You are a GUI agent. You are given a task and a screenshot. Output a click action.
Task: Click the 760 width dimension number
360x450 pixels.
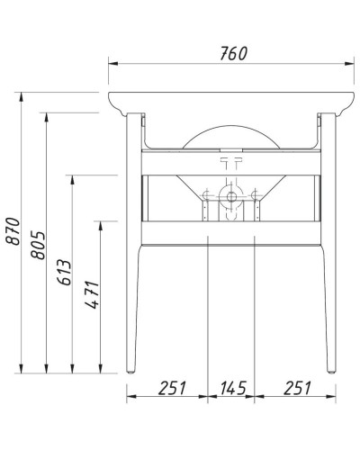(x=232, y=53)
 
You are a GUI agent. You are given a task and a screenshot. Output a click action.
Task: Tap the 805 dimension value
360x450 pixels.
(x=37, y=242)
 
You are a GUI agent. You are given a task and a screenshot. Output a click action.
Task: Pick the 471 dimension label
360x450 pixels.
(x=92, y=297)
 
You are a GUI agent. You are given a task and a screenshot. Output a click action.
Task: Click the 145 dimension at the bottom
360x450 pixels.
(x=232, y=389)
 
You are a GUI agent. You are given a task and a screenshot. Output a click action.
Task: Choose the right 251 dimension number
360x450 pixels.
(x=293, y=389)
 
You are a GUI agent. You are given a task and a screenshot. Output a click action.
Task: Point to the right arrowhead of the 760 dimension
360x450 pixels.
(x=350, y=63)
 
